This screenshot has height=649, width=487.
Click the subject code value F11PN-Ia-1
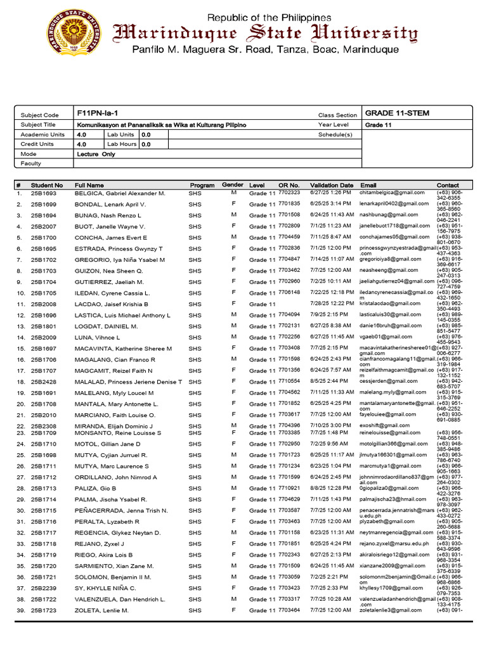pyautogui.click(x=97, y=113)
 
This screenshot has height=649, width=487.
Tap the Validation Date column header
pyautogui.click(x=332, y=185)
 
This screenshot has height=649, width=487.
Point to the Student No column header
pyautogui.click(x=47, y=185)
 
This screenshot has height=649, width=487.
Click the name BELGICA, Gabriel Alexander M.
pyautogui.click(x=120, y=193)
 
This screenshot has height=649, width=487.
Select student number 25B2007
pyautogui.click(x=44, y=226)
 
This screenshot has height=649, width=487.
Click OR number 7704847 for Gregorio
pyautogui.click(x=289, y=259)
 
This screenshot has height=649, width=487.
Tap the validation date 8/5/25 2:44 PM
pyautogui.click(x=327, y=381)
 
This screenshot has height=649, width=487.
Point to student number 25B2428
pyautogui.click(x=44, y=382)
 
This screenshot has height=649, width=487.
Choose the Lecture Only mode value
pyautogui.click(x=96, y=154)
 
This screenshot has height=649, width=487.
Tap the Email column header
pyautogui.click(x=368, y=185)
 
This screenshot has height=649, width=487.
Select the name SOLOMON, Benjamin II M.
pyautogui.click(x=113, y=577)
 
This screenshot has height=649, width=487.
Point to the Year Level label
pyautogui.click(x=334, y=125)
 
